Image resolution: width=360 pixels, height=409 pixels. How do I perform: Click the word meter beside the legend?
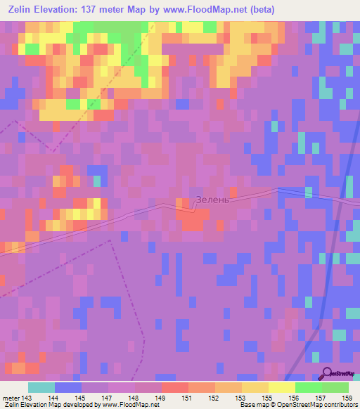click(11, 398)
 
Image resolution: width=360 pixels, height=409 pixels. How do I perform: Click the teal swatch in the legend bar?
click(41, 387)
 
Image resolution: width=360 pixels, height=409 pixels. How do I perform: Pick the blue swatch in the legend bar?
click(68, 387)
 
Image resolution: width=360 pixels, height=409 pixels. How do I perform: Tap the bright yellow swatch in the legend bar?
click(282, 387)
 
